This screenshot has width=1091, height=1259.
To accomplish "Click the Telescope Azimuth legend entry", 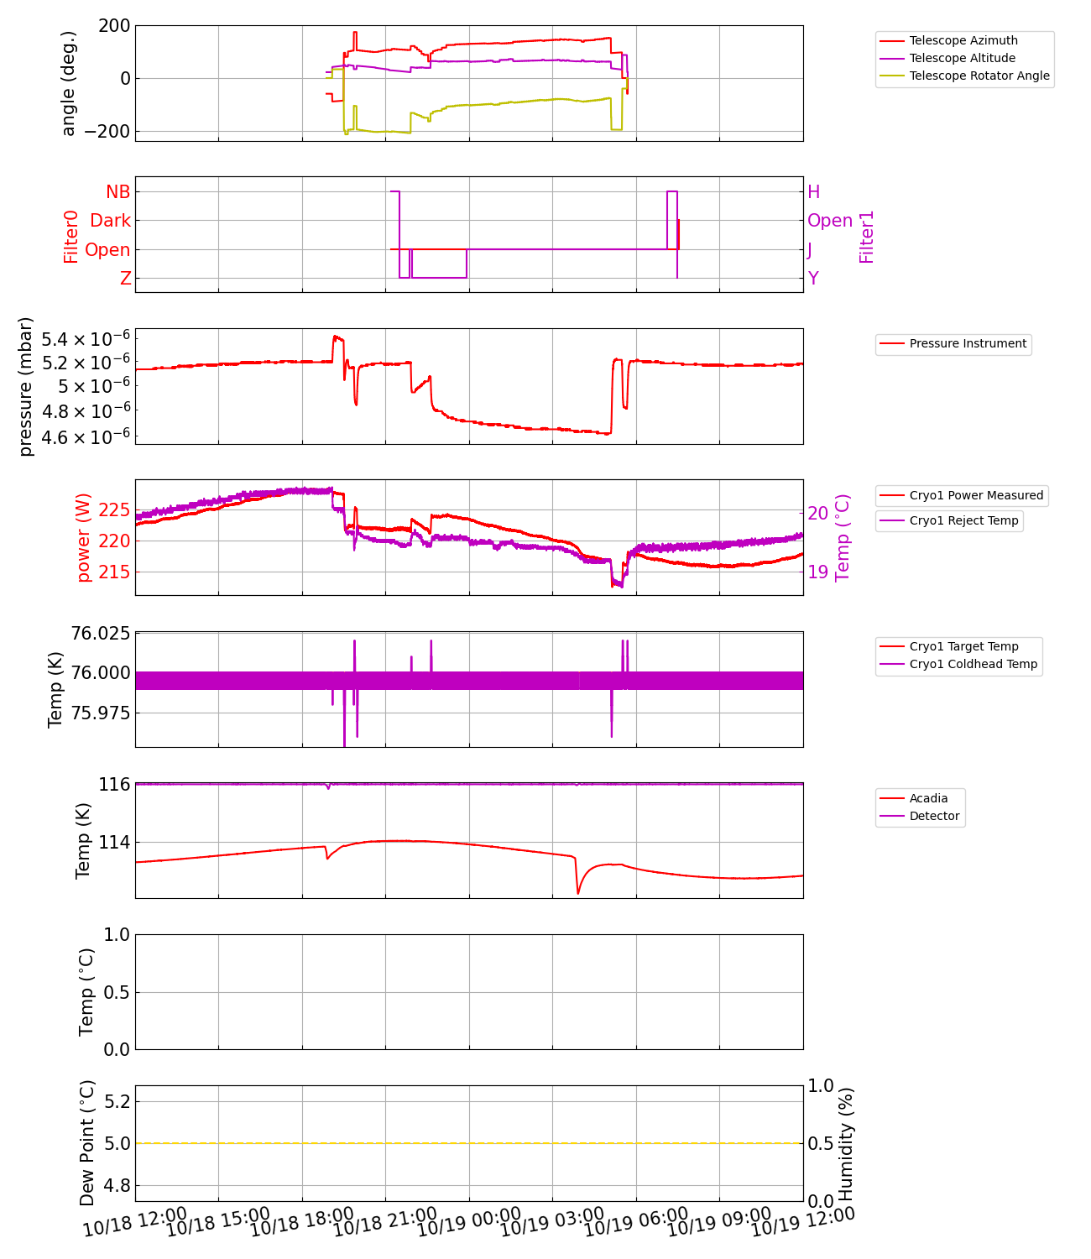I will [x=963, y=40].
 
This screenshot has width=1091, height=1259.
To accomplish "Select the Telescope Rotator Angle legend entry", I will [x=979, y=76].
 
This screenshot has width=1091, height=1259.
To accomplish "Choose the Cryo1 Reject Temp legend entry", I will [x=963, y=520].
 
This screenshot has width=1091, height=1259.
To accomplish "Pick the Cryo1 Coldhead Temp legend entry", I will [x=973, y=664].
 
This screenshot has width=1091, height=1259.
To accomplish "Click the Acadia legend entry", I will [x=928, y=798].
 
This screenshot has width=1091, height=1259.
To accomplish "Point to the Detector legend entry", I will [x=934, y=816].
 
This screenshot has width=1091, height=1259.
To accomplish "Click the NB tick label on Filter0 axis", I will [x=117, y=192].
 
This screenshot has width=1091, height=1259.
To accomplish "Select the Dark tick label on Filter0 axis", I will [x=111, y=221].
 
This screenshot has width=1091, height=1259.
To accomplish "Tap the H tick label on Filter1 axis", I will [x=813, y=192].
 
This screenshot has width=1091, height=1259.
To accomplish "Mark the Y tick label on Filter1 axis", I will [x=812, y=279].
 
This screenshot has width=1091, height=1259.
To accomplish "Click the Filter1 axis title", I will [x=867, y=236].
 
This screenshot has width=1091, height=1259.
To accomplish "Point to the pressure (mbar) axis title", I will [x=26, y=386].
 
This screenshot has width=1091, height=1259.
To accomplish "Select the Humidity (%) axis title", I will [x=846, y=1143].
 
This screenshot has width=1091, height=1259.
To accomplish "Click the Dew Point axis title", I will [x=87, y=1143].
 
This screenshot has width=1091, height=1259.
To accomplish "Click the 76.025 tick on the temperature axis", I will [x=101, y=633].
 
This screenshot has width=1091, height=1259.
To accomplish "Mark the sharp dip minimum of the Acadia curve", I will [x=578, y=894].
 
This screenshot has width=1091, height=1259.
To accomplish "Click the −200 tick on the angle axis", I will [x=102, y=132].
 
